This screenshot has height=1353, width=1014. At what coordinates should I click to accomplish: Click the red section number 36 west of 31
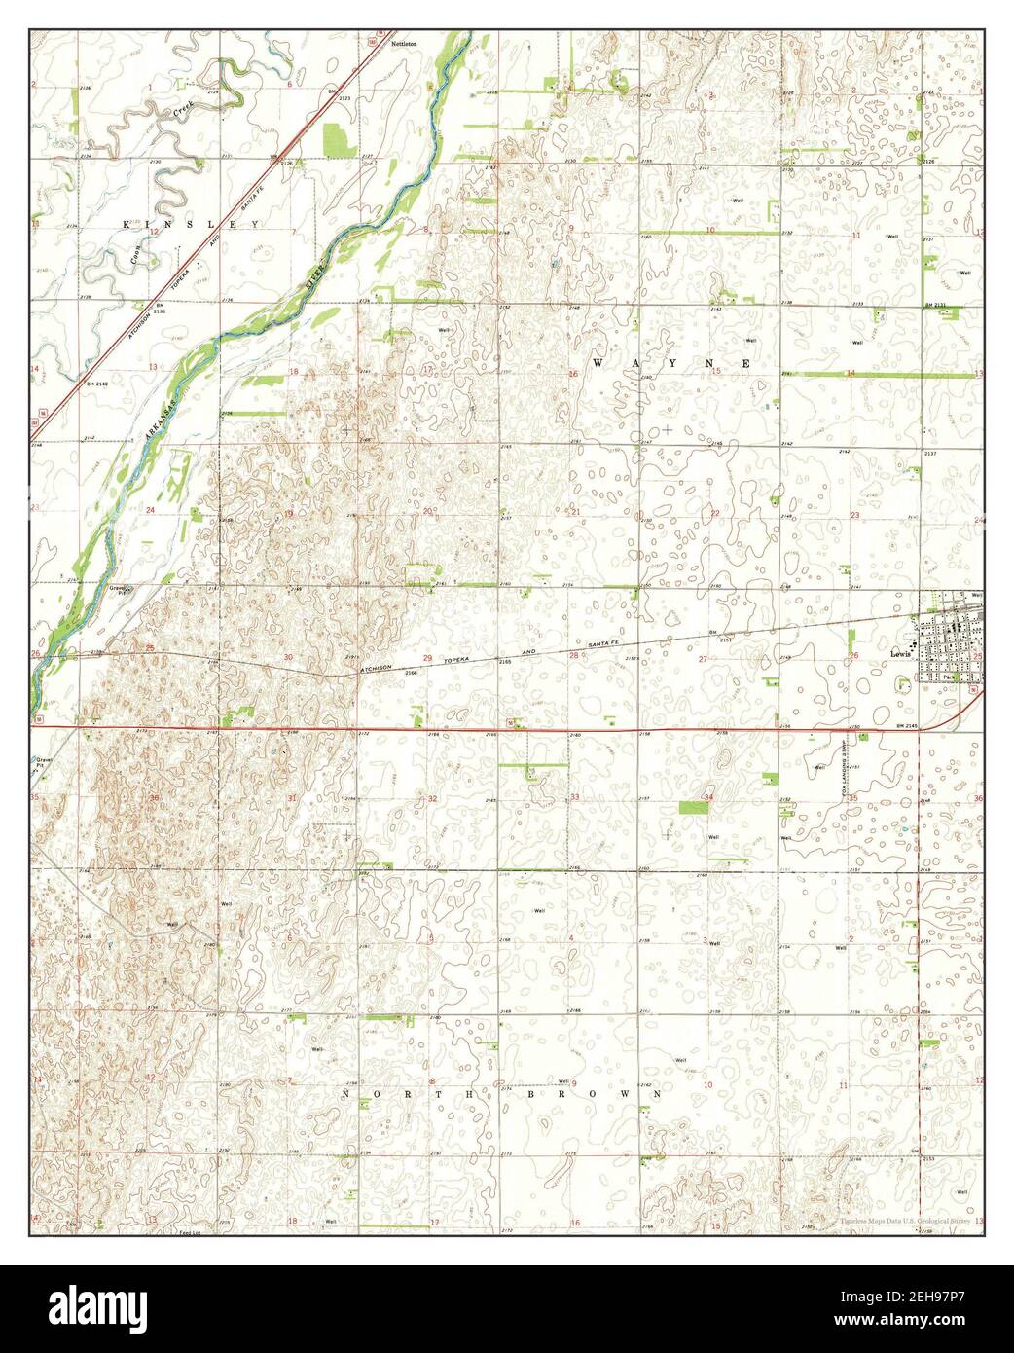(154, 798)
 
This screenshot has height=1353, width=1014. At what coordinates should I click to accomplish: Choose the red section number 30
(288, 658)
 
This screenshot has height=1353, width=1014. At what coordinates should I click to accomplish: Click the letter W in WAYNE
(599, 362)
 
